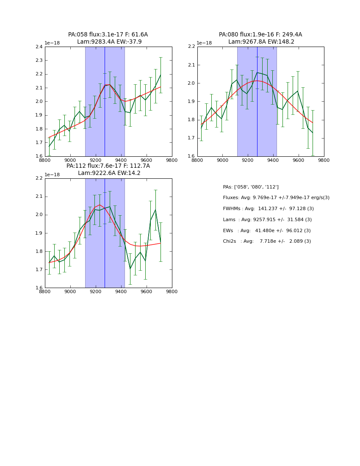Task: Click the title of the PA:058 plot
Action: (x=108, y=38)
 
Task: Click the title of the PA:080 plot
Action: (x=260, y=38)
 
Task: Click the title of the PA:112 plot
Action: (x=108, y=169)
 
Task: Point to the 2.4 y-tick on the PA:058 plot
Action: (x=39, y=47)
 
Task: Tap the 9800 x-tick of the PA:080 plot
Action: (x=324, y=160)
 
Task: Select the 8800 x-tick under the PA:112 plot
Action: (x=45, y=292)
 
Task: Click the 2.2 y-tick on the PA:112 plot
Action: (x=39, y=178)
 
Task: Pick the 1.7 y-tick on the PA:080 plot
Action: (x=191, y=138)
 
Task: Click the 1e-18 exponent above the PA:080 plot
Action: (x=204, y=43)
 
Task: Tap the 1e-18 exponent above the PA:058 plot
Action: (x=52, y=43)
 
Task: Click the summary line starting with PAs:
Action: (x=251, y=187)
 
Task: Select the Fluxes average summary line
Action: (x=276, y=198)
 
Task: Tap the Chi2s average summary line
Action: (x=267, y=241)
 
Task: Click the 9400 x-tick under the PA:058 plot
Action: (x=121, y=160)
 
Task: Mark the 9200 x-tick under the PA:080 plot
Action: (x=248, y=160)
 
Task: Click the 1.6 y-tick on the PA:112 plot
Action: (x=39, y=288)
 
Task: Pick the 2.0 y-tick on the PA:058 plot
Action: (x=39, y=102)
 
